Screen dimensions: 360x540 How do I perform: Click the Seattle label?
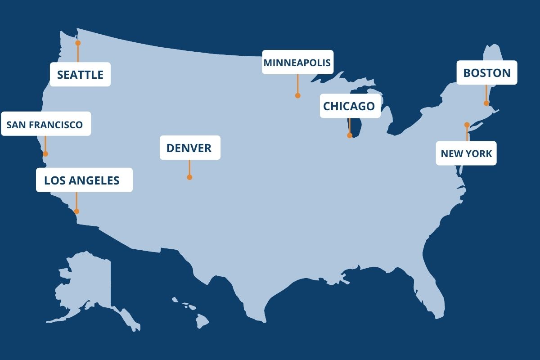[80, 74]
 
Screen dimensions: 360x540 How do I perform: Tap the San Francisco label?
[45, 124]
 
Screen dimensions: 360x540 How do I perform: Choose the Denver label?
[189, 148]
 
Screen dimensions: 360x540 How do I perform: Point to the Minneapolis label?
[297, 62]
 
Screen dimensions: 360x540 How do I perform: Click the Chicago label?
[350, 106]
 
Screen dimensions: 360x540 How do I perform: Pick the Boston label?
[486, 72]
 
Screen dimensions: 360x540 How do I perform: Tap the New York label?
[466, 153]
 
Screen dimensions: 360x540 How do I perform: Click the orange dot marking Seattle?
[78, 43]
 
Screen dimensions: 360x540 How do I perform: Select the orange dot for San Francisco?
[45, 154]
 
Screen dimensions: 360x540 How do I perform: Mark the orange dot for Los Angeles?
[76, 211]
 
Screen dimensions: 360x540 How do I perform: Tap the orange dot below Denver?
[189, 177]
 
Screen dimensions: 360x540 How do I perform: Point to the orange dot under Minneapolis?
[297, 95]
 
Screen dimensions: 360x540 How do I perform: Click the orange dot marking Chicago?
[350, 135]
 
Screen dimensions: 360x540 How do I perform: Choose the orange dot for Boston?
[486, 103]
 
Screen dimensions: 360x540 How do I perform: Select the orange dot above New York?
[467, 125]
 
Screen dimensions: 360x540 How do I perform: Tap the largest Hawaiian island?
[202, 320]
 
